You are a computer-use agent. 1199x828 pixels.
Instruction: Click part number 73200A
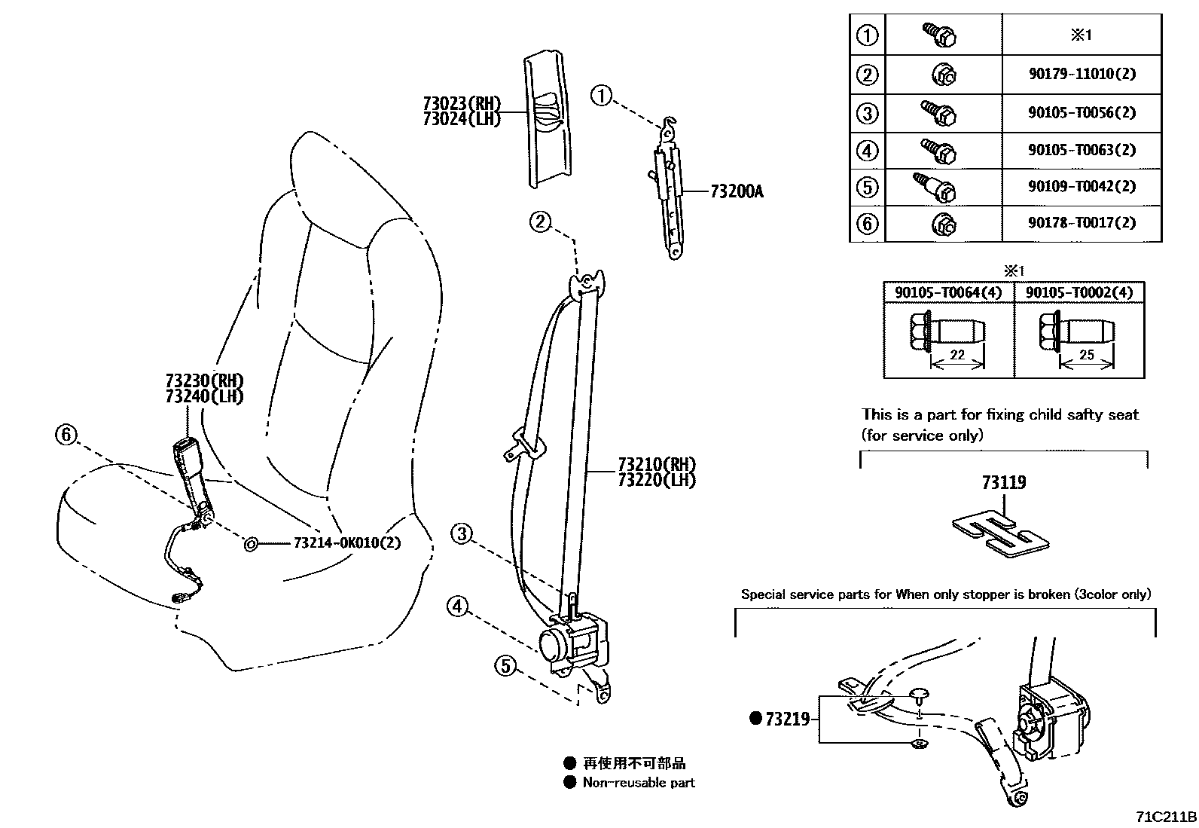[x=736, y=191]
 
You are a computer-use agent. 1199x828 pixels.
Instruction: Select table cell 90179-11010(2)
[x=1082, y=75]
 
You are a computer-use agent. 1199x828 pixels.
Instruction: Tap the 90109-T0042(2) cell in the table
[x=1082, y=186]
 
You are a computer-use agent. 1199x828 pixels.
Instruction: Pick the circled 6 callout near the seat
[x=66, y=434]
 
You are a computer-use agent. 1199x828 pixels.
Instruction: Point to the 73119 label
[x=1003, y=482]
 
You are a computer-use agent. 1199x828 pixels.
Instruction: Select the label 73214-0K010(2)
[x=346, y=542]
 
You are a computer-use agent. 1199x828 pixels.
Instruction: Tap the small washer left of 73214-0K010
[x=251, y=542]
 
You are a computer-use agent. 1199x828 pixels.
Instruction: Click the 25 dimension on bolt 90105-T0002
[x=1086, y=355]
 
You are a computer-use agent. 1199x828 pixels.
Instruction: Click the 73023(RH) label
[x=461, y=104]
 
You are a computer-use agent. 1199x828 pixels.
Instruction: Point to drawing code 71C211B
[x=1166, y=817]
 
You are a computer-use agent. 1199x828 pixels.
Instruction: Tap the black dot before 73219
[x=755, y=719]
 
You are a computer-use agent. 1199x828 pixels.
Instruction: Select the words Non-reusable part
[x=639, y=783]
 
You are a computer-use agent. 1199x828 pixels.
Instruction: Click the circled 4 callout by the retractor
[x=458, y=606]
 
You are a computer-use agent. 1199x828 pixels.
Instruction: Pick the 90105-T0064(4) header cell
[x=948, y=292]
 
